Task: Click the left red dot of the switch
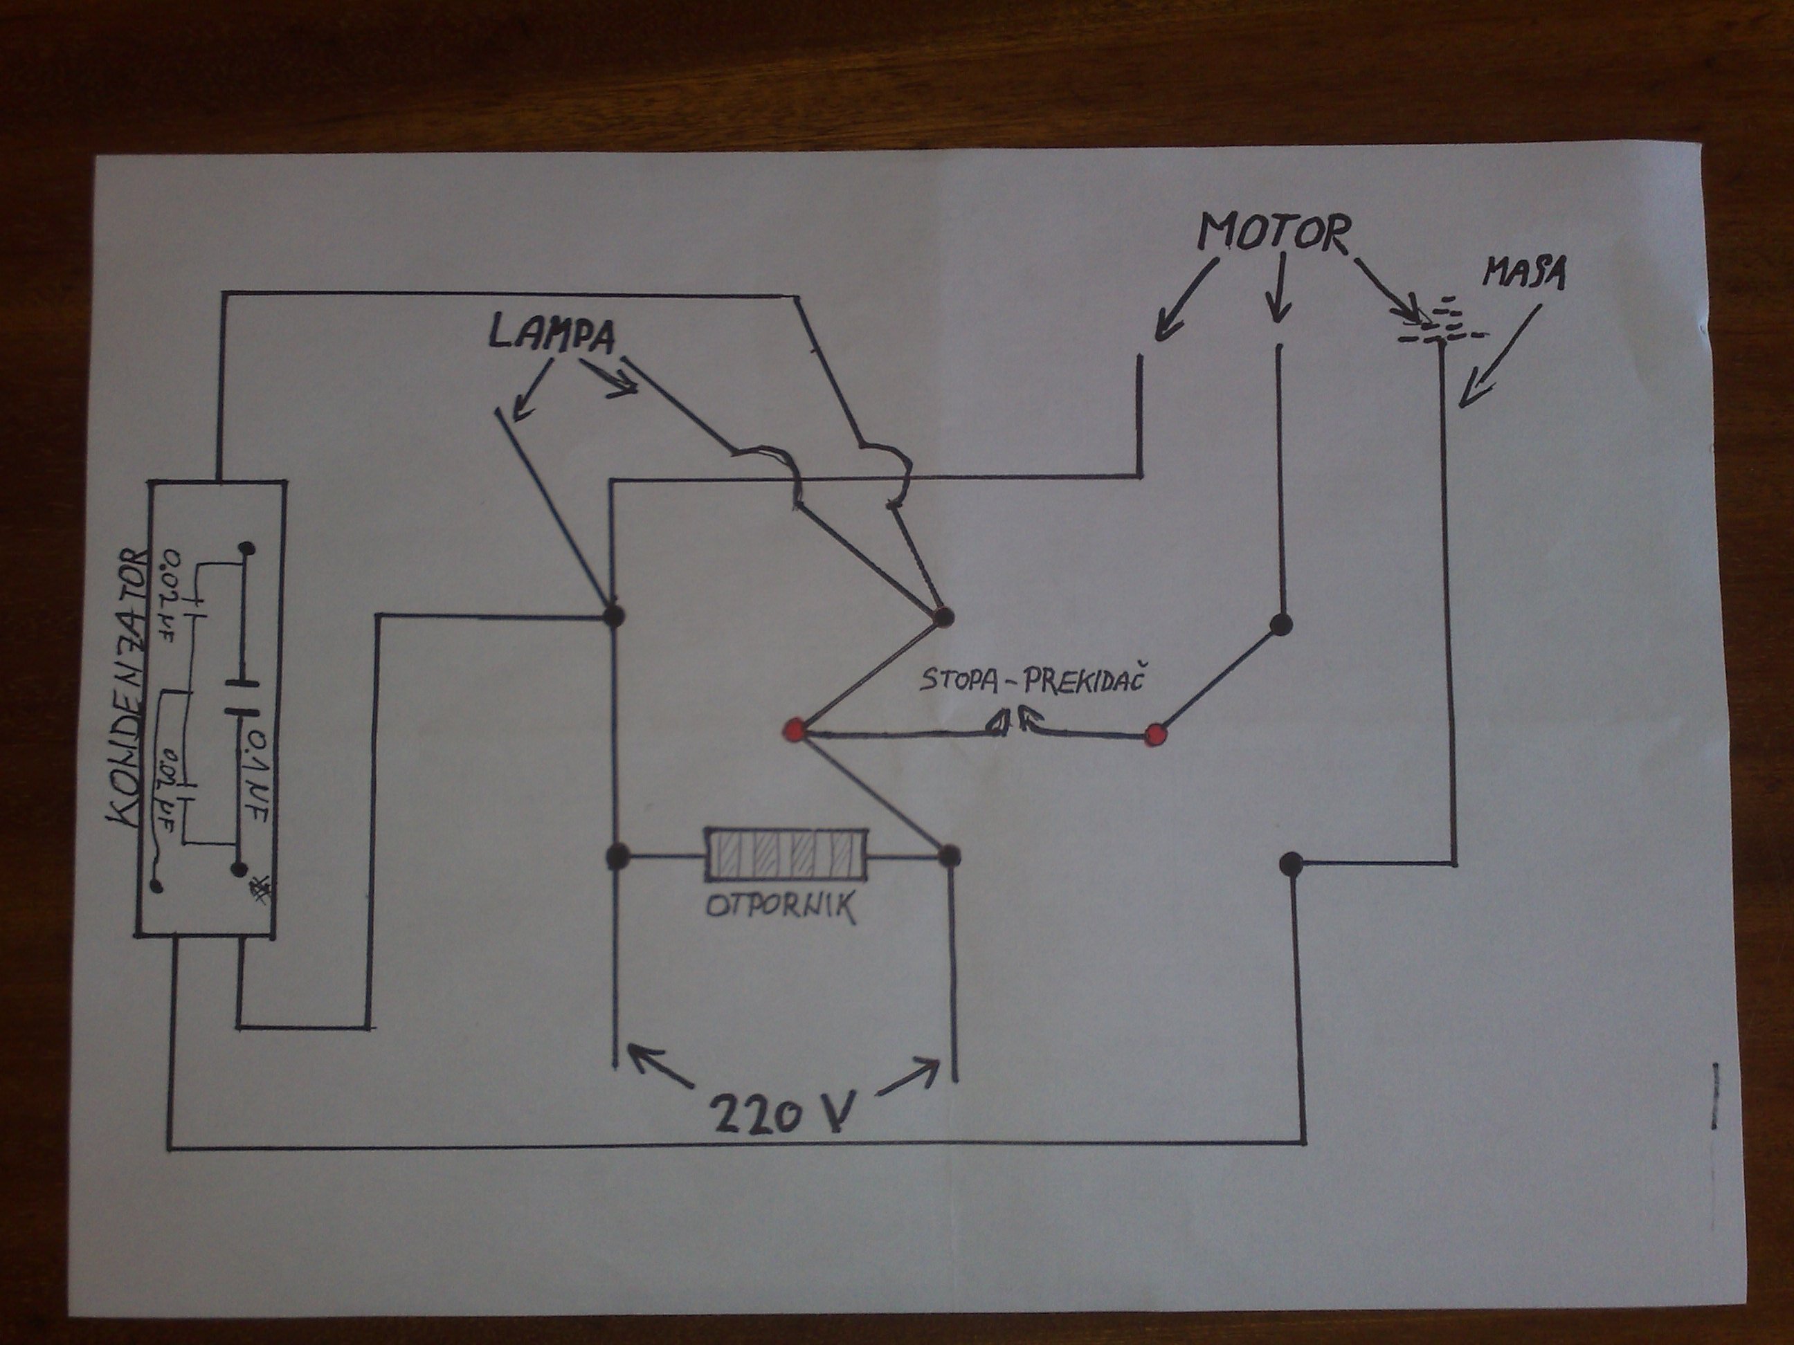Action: pyautogui.click(x=794, y=730)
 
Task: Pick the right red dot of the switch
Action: pyautogui.click(x=1155, y=735)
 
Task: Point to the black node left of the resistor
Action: pyautogui.click(x=618, y=854)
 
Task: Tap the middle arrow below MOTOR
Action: pyautogui.click(x=1280, y=289)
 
